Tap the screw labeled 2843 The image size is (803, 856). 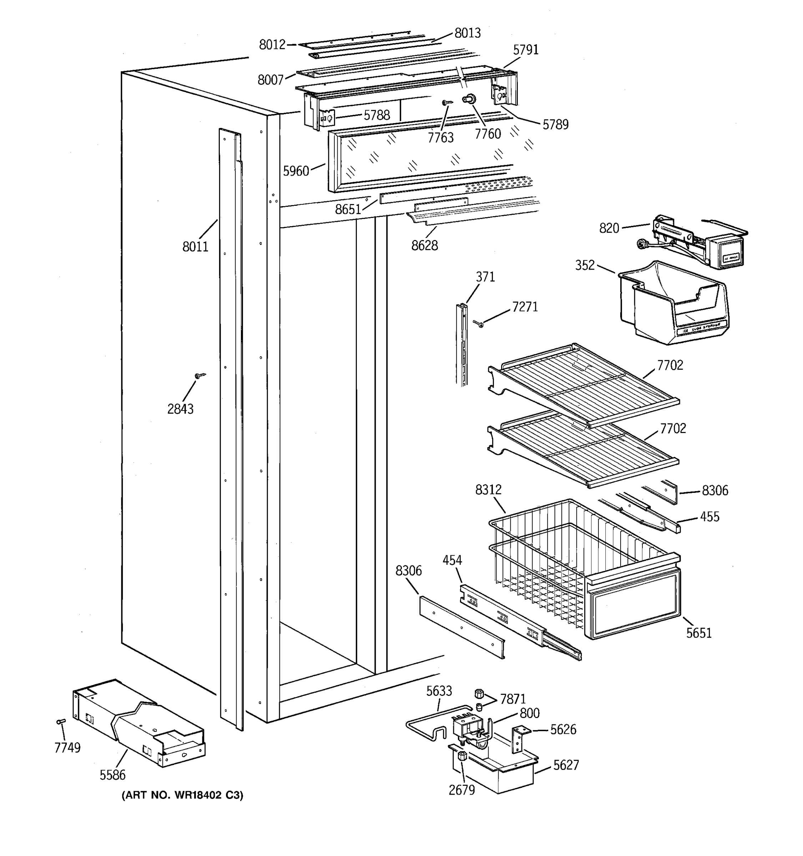point(200,376)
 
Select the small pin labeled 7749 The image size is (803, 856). point(61,721)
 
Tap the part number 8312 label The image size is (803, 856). point(488,490)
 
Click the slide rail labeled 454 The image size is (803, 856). point(517,620)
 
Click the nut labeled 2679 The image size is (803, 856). point(461,755)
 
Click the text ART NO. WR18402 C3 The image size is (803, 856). point(182,795)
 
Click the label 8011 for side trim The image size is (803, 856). point(195,247)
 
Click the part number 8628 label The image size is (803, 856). point(424,245)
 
